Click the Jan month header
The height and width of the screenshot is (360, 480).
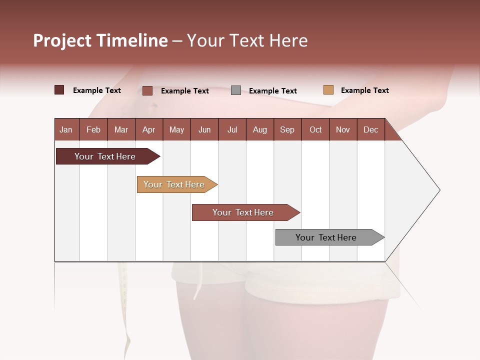click(66, 129)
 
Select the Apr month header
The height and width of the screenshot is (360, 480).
click(148, 129)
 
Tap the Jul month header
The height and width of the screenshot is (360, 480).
click(232, 129)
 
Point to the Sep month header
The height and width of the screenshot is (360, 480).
click(287, 129)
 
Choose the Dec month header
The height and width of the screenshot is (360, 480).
click(370, 129)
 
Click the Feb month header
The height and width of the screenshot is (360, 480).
click(93, 129)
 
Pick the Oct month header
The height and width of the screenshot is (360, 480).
click(315, 129)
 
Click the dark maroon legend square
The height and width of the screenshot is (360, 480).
click(59, 90)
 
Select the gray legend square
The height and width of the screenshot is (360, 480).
click(236, 90)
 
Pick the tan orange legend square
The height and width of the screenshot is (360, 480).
click(328, 90)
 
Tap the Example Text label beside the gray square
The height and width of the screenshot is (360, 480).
click(272, 91)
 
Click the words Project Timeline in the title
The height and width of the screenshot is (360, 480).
click(100, 40)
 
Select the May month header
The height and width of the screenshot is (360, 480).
click(176, 129)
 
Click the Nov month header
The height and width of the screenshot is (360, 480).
click(343, 129)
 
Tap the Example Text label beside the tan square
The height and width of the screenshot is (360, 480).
click(364, 90)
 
